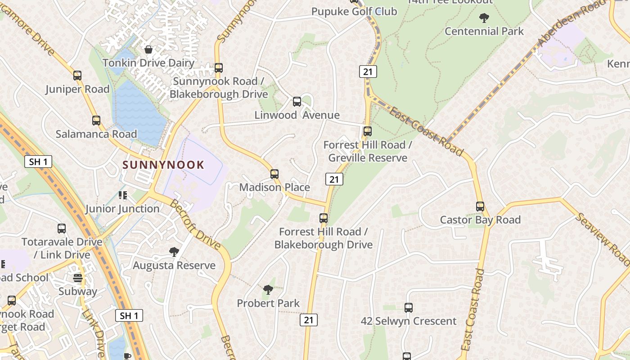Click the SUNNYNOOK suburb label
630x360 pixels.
pos(163,165)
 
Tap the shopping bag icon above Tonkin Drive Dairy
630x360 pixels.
pos(148,49)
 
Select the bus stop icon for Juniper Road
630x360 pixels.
pos(77,76)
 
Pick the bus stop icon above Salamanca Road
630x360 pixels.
pos(96,121)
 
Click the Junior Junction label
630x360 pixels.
pos(122,209)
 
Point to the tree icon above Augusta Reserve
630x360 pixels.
pos(174,252)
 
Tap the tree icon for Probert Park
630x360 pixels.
pos(268,289)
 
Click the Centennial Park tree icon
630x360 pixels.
pos(484,18)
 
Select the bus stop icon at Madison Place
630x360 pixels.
pos(274,174)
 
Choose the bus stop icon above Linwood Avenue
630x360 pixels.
pos(297,102)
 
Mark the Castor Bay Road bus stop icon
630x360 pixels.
pos(480,207)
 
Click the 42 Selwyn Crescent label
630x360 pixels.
pos(409,321)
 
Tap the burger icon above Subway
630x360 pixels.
pos(78,278)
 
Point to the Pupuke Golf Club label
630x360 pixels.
pos(355,11)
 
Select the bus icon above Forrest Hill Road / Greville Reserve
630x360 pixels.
pos(368,131)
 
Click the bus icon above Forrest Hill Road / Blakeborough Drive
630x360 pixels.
pos(324,218)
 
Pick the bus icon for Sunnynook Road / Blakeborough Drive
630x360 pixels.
pos(219,68)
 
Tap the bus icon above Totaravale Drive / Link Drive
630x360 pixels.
pos(62,229)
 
